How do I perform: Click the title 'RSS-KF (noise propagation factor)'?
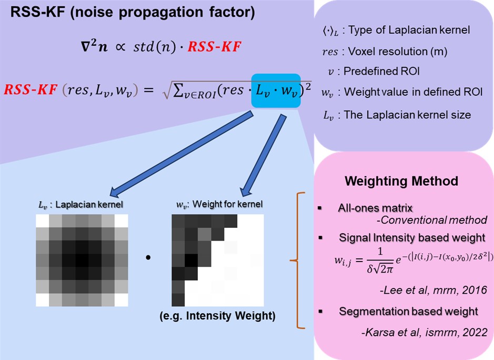click(x=133, y=13)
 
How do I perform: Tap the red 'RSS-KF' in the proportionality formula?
click(x=215, y=47)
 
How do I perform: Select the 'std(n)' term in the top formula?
click(x=154, y=47)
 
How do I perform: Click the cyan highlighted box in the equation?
click(x=276, y=91)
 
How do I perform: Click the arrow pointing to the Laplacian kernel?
click(x=182, y=154)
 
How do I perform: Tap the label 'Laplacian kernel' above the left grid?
click(x=89, y=205)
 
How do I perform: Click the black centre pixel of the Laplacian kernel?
click(x=82, y=260)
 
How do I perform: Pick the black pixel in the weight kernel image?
click(x=191, y=260)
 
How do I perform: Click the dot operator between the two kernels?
click(x=148, y=257)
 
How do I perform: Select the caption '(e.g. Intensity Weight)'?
click(x=217, y=316)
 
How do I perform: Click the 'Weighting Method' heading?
click(x=401, y=181)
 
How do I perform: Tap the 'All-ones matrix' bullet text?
click(x=375, y=208)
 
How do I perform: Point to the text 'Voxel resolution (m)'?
click(x=398, y=52)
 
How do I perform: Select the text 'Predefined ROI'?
click(x=381, y=71)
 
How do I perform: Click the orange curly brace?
click(x=297, y=261)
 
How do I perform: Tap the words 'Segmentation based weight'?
click(x=409, y=312)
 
